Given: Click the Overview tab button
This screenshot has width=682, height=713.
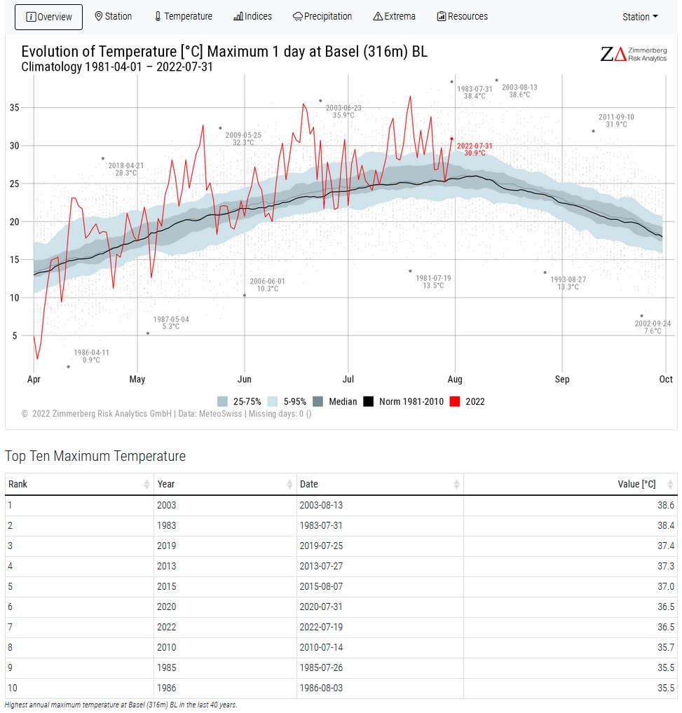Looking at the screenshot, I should pyautogui.click(x=48, y=17).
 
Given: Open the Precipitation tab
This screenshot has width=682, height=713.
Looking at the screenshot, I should pyautogui.click(x=322, y=16).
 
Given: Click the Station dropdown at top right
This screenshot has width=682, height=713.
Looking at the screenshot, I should pyautogui.click(x=640, y=17).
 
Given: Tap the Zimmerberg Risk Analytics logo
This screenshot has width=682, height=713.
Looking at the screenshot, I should pyautogui.click(x=634, y=54).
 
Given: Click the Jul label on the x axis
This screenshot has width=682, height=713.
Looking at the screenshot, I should pyautogui.click(x=348, y=380).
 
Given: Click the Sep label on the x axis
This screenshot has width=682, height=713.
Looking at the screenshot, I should pyautogui.click(x=562, y=380).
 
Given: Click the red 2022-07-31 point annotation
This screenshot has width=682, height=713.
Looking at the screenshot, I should pyautogui.click(x=475, y=149).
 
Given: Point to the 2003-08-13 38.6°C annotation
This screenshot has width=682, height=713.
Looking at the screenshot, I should pyautogui.click(x=519, y=91).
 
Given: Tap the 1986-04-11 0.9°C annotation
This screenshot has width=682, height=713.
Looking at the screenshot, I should pyautogui.click(x=91, y=356).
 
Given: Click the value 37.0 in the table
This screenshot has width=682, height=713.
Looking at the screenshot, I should pyautogui.click(x=665, y=586).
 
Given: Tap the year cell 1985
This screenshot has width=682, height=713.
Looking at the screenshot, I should pyautogui.click(x=166, y=667).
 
